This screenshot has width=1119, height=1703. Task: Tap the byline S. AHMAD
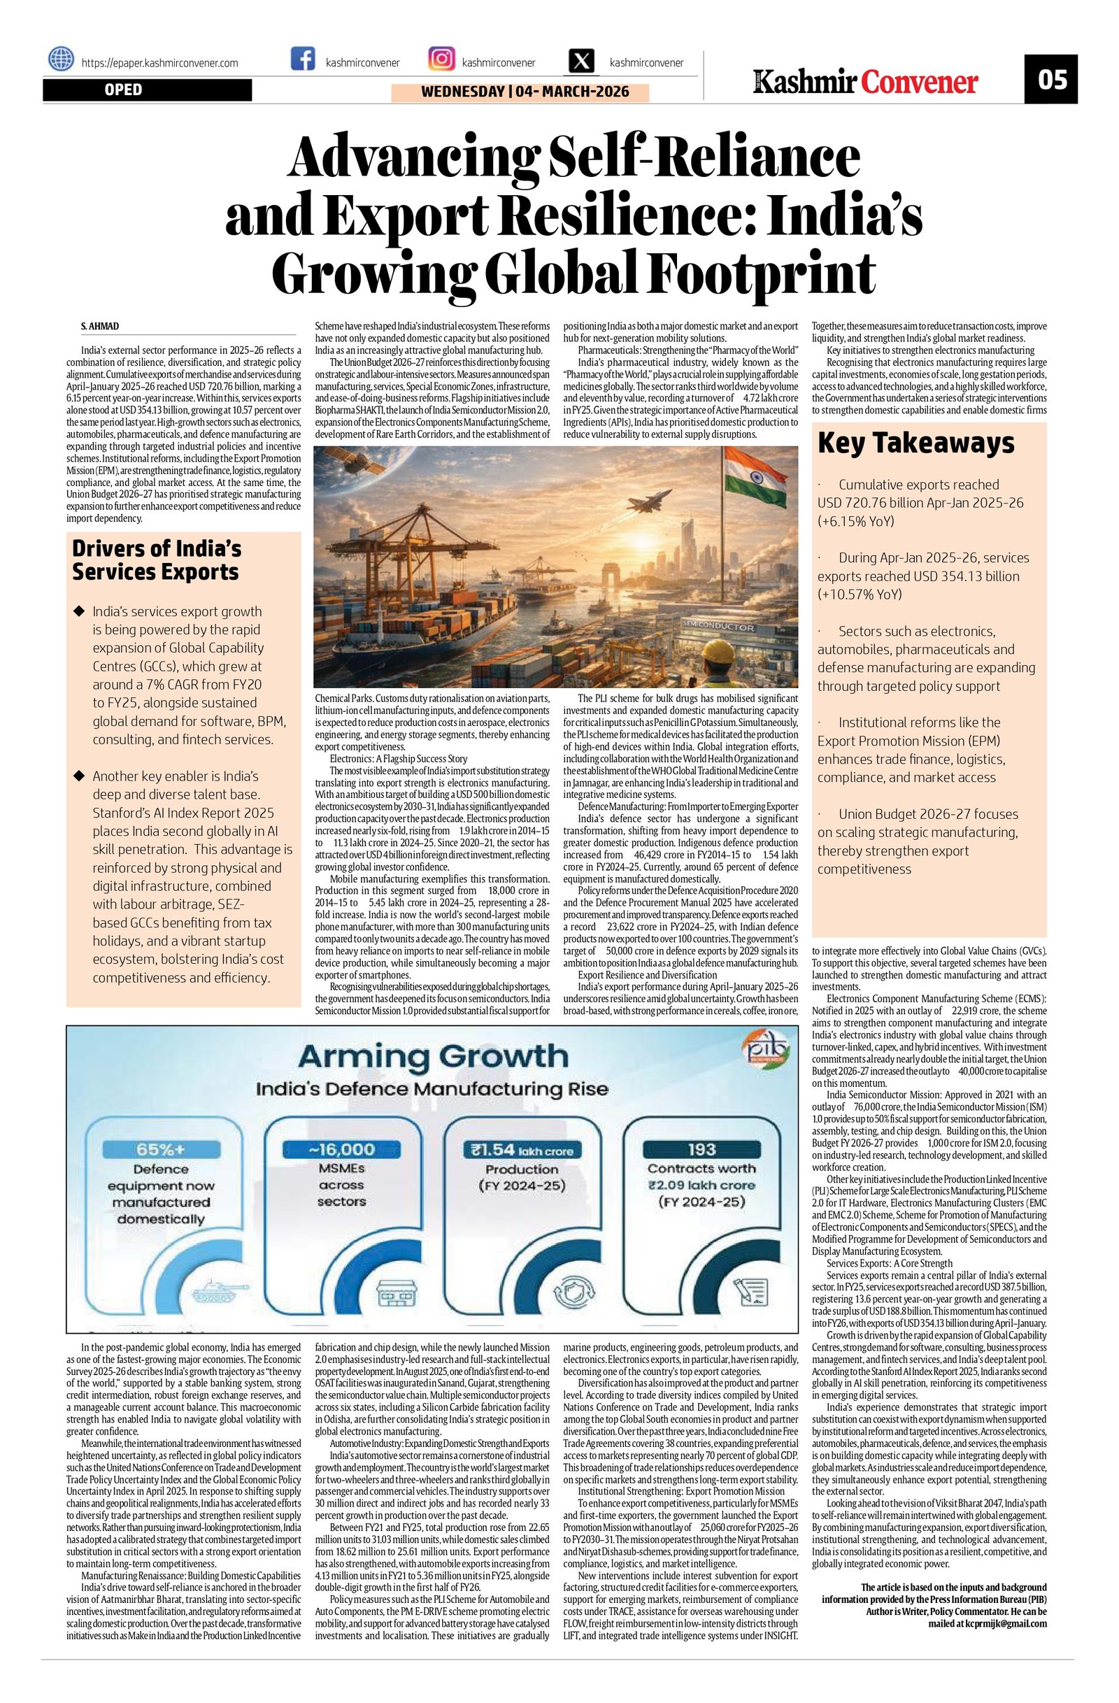point(100,327)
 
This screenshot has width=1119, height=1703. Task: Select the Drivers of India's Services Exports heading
point(157,560)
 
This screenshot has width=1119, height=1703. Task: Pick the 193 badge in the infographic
point(701,1149)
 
